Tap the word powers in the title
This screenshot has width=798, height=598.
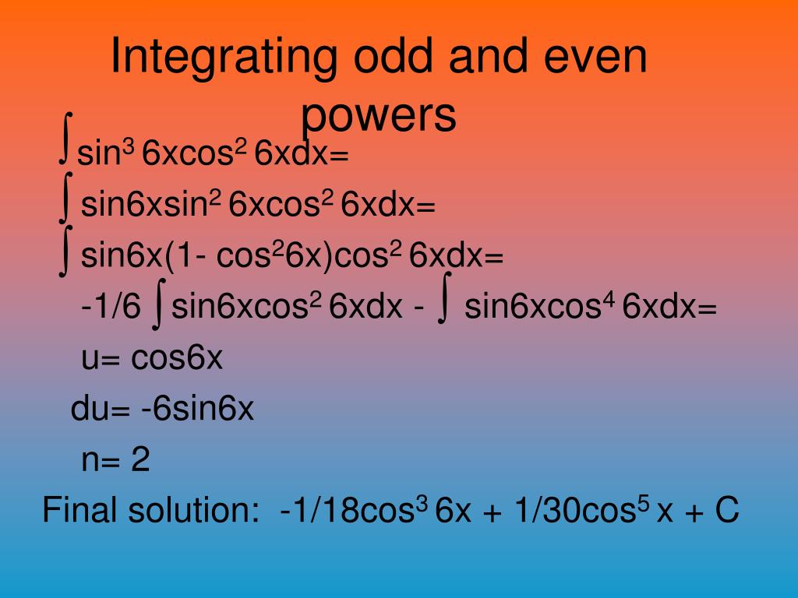point(378,115)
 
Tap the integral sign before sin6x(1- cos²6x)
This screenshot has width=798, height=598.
point(66,249)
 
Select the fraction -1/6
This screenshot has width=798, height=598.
point(111,308)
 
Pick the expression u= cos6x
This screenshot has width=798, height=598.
point(152,357)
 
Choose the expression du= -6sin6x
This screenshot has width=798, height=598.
point(163,409)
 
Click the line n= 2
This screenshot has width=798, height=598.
point(115,461)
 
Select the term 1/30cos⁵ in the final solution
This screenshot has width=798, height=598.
point(577,511)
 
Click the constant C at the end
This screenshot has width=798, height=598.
point(726,512)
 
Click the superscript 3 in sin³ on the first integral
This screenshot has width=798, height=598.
point(129,145)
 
